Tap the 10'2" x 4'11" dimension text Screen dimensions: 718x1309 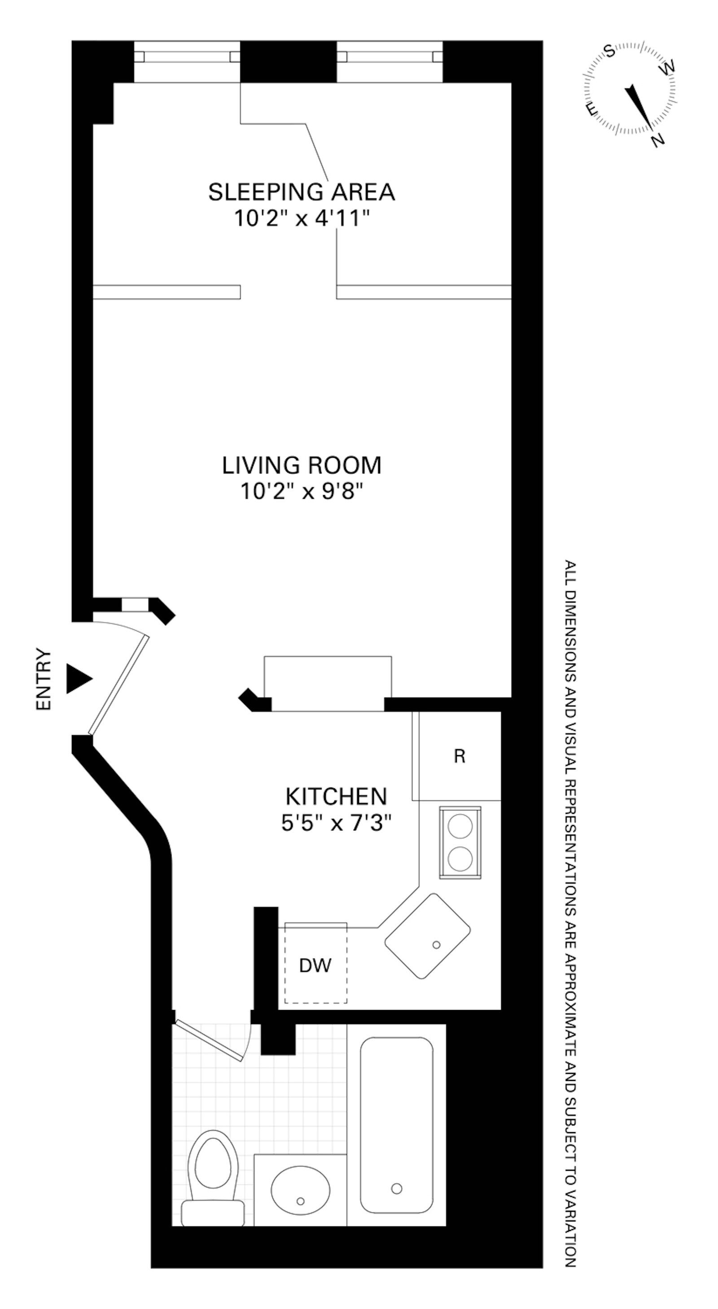(300, 219)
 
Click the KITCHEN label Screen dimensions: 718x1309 (337, 796)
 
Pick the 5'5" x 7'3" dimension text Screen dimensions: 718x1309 (337, 822)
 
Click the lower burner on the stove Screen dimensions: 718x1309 (460, 859)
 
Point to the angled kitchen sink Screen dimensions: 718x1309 (427, 936)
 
